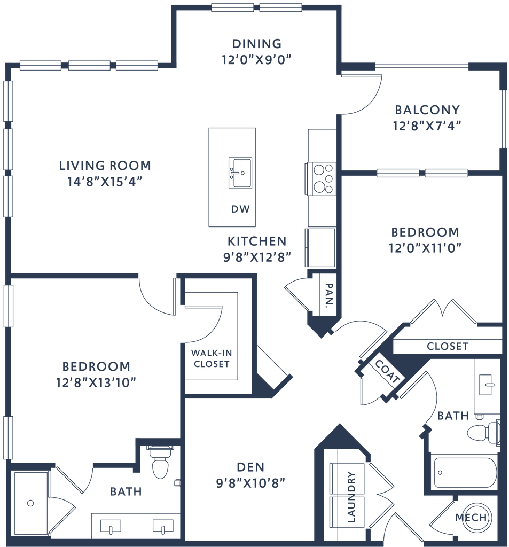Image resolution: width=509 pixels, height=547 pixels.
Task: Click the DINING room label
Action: click(257, 43)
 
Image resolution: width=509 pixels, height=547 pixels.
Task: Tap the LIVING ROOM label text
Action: click(105, 165)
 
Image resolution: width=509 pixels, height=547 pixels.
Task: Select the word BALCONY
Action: click(427, 110)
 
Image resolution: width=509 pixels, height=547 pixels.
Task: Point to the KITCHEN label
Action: click(257, 241)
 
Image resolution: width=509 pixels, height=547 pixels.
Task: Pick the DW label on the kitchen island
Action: click(238, 209)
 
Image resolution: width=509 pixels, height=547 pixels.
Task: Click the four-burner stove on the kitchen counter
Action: click(323, 178)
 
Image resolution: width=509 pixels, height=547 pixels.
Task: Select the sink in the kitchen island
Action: click(240, 173)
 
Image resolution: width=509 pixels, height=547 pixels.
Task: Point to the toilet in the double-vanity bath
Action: click(160, 463)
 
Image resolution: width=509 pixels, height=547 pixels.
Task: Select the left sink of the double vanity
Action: click(110, 528)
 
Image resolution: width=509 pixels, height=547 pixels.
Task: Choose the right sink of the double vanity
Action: click(160, 528)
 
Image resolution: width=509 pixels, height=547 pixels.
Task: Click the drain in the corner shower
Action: click(30, 502)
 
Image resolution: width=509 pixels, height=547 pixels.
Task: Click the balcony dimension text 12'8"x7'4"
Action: click(427, 126)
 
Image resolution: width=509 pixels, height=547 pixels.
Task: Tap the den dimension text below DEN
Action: click(250, 483)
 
